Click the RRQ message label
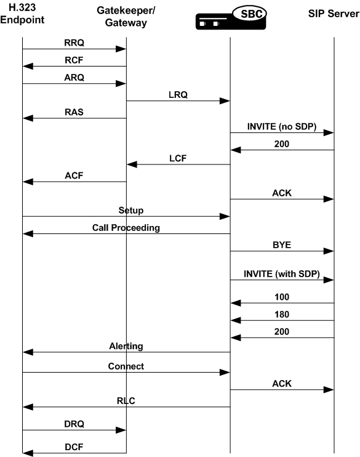tap(74, 43)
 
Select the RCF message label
tap(74, 60)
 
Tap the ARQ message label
tap(74, 78)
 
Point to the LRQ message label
tap(178, 95)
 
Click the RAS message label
tap(74, 112)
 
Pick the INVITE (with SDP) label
tap(282, 275)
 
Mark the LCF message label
tap(178, 158)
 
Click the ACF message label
tap(74, 176)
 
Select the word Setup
tap(130, 210)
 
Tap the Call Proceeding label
tap(126, 227)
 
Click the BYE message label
tap(282, 245)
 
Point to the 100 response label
tap(282, 297)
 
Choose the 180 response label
tap(282, 314)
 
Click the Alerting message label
tap(126, 346)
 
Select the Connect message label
tap(126, 366)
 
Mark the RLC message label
tap(126, 400)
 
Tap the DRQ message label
tap(74, 424)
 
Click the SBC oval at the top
tap(249, 13)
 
